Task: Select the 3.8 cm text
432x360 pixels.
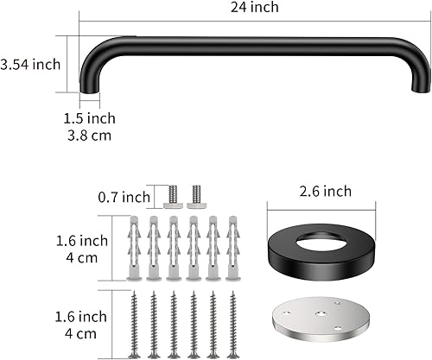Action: (x=92, y=135)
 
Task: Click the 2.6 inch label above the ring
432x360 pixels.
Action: (x=321, y=191)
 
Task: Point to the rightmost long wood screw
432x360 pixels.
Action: (x=232, y=323)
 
